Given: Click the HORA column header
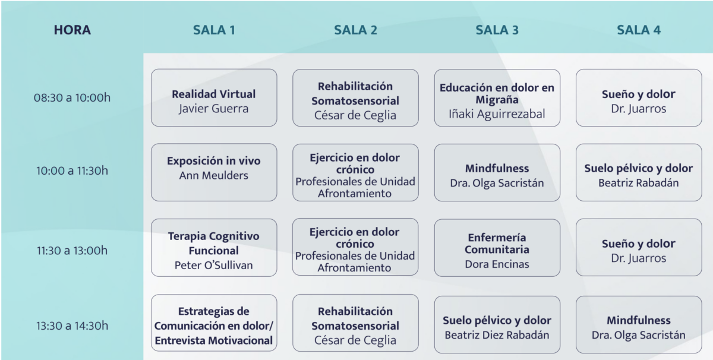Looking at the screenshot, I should click(72, 30).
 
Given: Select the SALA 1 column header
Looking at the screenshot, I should click(214, 30).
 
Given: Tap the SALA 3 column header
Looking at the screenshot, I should click(497, 30).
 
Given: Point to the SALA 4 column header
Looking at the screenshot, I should click(639, 30).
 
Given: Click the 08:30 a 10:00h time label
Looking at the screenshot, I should click(72, 97).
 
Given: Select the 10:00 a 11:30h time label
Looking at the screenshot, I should click(72, 171).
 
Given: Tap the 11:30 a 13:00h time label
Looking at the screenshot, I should click(72, 250).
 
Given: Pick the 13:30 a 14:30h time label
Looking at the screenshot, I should click(72, 325).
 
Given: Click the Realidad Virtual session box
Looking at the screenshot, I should click(214, 98).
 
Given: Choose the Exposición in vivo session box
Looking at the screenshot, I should click(214, 172).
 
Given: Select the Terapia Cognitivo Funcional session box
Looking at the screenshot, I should click(214, 247).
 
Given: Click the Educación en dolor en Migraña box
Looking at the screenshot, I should click(497, 98).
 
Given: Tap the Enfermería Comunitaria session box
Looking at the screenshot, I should click(497, 247).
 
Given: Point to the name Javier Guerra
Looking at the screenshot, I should click(214, 109).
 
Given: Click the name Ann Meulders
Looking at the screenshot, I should click(214, 175).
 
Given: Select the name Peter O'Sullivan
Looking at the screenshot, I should click(214, 265).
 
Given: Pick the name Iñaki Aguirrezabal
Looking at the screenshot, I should click(497, 114).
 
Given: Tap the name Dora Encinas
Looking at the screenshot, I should click(497, 264).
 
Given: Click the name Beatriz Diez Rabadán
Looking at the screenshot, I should click(497, 335).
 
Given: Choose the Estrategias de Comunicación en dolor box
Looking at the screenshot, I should click(214, 325).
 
